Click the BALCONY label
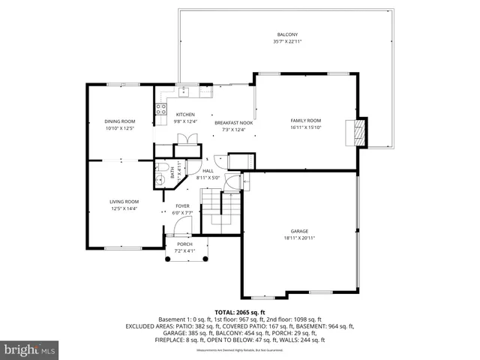(287, 34)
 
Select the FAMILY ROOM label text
(305, 121)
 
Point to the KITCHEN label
(185, 115)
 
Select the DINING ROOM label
(119, 121)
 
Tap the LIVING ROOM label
(124, 201)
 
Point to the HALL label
(208, 171)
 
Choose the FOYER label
(183, 206)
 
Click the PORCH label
(184, 244)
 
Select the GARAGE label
(300, 231)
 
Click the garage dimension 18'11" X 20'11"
(300, 238)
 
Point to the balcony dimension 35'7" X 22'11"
(287, 41)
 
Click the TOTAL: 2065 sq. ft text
(239, 311)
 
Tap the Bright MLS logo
(29, 349)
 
